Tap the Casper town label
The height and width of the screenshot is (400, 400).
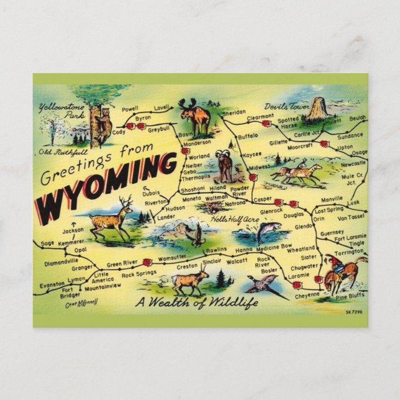point(262,200)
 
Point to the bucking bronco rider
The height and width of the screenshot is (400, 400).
point(340,272)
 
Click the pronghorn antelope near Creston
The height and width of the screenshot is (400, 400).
point(189,281)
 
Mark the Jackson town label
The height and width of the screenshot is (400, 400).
point(73,230)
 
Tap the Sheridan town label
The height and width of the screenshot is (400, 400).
point(234,112)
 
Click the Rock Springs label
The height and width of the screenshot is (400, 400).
point(139,275)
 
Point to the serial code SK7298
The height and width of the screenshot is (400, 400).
point(353,312)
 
